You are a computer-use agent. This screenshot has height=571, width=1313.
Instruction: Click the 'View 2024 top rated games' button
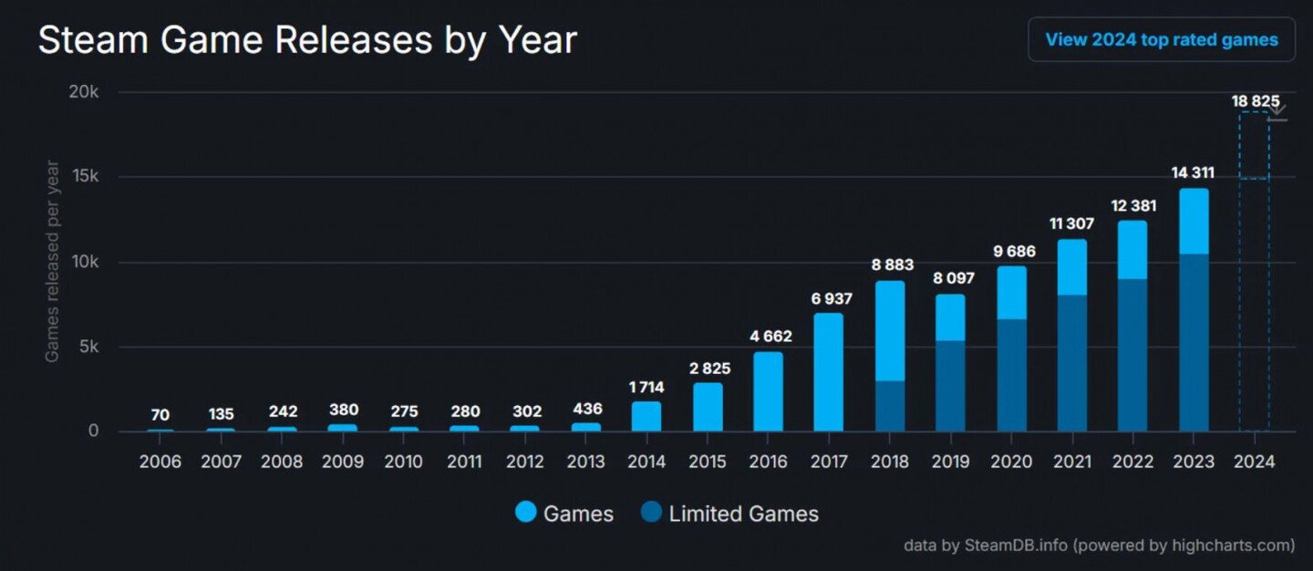click(1161, 40)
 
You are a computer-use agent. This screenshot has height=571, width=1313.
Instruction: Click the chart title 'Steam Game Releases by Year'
click(307, 41)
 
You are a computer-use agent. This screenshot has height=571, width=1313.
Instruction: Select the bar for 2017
click(828, 372)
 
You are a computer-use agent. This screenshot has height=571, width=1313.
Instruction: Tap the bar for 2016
click(768, 391)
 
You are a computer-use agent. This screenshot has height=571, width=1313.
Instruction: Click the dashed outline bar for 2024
click(1254, 274)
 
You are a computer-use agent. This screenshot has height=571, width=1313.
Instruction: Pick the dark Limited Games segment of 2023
click(1194, 343)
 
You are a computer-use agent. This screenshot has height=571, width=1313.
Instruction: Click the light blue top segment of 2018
click(889, 330)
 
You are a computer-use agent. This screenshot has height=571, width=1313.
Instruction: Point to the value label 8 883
click(889, 265)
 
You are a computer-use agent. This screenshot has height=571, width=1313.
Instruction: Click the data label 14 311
click(1194, 172)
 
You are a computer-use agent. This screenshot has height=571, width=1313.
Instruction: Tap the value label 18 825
click(1254, 100)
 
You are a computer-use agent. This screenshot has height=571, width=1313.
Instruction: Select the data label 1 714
click(646, 387)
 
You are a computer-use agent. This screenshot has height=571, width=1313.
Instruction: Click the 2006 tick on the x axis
click(160, 462)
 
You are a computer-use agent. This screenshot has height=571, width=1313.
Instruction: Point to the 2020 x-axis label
click(1011, 462)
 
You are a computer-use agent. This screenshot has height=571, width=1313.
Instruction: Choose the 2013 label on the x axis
click(585, 462)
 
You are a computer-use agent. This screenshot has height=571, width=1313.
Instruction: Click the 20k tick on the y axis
click(83, 92)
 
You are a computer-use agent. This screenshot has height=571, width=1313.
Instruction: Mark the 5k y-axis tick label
click(87, 347)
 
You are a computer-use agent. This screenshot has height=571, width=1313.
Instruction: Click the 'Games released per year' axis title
click(52, 262)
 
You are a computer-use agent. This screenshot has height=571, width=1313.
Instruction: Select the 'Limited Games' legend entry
click(743, 514)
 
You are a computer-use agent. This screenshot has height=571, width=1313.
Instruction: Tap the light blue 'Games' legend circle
click(526, 514)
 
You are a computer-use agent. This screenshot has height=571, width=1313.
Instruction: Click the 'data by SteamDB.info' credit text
click(1099, 545)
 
